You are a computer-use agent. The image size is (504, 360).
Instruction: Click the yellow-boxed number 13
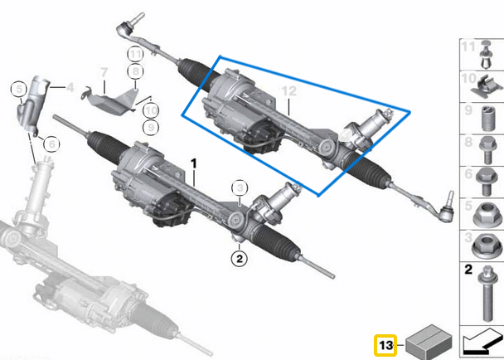[385, 345]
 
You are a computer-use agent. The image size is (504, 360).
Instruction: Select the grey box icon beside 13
[429, 342]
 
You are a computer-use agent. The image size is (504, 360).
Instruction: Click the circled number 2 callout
[240, 258]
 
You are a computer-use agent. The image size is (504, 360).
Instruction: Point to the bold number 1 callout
[193, 163]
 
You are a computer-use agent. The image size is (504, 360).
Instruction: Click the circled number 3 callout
[240, 188]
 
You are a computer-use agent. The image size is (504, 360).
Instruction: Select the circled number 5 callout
[19, 89]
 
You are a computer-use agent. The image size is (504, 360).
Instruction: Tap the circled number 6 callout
[51, 144]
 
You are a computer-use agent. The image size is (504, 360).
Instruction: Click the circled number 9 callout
[151, 128]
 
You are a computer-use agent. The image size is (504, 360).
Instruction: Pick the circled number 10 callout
[151, 110]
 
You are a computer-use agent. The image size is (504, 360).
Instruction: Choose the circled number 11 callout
[135, 55]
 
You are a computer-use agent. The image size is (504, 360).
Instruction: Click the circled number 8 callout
[135, 71]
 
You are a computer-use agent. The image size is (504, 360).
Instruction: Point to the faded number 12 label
[288, 91]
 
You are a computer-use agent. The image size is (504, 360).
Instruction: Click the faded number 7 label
[104, 73]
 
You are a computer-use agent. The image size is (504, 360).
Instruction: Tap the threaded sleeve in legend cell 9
[488, 119]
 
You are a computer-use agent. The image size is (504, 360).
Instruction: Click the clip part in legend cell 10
[487, 86]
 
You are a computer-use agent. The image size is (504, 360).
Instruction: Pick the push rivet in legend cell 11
[487, 55]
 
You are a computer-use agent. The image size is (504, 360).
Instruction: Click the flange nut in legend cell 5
[487, 214]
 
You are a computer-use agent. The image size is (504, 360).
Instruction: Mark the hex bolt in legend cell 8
[488, 150]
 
